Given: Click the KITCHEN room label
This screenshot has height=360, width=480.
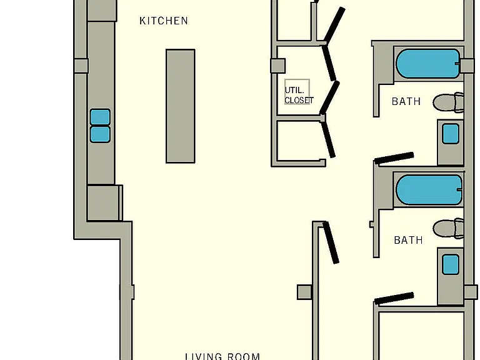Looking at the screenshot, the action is [x=164, y=21].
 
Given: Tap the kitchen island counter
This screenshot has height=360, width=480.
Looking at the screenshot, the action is [x=180, y=106].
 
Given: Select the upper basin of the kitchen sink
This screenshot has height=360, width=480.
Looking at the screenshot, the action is [x=100, y=117].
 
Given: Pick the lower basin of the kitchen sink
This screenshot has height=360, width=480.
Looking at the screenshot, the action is [x=100, y=134].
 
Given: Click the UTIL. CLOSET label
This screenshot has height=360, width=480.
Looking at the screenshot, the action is [x=299, y=95].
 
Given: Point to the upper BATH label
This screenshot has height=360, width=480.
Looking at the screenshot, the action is [x=406, y=101].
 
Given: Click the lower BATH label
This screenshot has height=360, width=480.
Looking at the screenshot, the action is [x=408, y=240].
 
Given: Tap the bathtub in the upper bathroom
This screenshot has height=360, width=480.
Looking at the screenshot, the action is [x=428, y=63].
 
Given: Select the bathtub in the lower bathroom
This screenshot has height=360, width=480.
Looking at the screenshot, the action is [x=429, y=189].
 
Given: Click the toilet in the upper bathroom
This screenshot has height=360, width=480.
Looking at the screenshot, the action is [x=448, y=102].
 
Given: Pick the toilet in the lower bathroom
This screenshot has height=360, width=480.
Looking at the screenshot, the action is [x=449, y=228].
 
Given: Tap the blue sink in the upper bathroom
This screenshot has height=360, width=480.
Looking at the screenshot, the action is [x=451, y=134].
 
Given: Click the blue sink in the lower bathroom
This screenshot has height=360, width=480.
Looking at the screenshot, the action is [x=451, y=264].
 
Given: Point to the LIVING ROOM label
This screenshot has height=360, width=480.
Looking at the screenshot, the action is [x=222, y=356].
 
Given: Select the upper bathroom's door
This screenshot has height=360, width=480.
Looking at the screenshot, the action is [x=394, y=157].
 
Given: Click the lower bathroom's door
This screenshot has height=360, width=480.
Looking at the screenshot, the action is [x=394, y=298].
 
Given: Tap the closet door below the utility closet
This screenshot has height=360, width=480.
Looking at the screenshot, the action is [x=328, y=139].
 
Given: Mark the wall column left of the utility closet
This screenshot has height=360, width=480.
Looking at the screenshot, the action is [x=278, y=66].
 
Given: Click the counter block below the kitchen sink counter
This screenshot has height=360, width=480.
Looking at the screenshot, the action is [x=105, y=202].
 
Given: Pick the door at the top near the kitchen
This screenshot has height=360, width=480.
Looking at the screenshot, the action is [x=334, y=25].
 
